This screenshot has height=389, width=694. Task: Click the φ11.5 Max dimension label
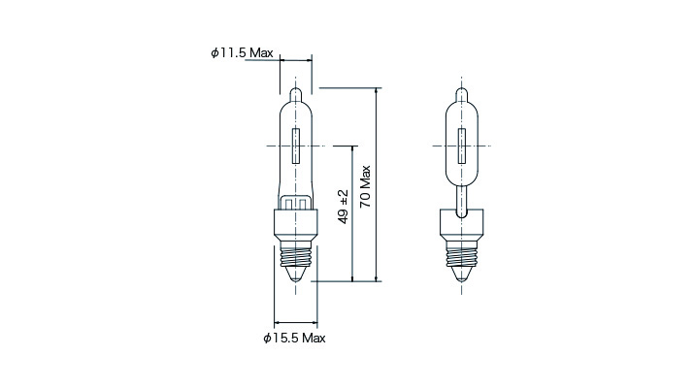[x=242, y=52]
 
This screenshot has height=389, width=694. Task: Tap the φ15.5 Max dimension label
[x=294, y=339]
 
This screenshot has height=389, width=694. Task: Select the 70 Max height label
[x=365, y=187]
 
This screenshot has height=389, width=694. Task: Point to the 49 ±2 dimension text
[x=343, y=207]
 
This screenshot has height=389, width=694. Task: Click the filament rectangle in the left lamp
[x=296, y=146]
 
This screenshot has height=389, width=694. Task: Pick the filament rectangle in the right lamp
[x=462, y=146]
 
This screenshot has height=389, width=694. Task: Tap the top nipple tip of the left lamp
[x=296, y=88]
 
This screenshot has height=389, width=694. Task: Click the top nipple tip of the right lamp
[x=462, y=88]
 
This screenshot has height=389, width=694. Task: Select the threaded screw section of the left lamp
[x=296, y=256]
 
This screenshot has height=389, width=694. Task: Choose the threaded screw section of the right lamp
[x=462, y=256]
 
